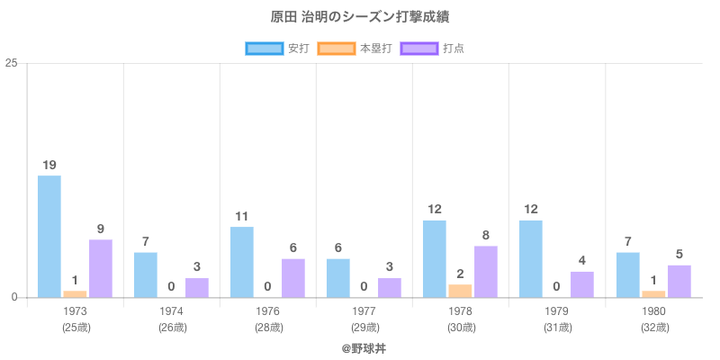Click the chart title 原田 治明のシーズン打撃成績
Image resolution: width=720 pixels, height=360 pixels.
point(360,18)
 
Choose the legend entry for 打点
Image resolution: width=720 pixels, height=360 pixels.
point(433,49)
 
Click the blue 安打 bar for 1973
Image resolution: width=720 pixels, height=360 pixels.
point(49,236)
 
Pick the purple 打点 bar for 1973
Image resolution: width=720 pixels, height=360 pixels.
point(101,268)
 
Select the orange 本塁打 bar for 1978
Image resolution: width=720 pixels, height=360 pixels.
point(460,291)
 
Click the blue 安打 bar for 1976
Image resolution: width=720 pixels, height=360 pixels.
point(242,262)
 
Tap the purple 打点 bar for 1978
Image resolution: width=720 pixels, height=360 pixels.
point(486,271)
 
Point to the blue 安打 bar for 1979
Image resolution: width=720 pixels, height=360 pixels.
point(531,258)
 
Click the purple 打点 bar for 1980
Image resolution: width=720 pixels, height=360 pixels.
point(679,281)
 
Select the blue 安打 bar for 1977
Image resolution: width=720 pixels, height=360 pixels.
point(338,278)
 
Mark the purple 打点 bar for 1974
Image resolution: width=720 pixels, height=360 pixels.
point(197,287)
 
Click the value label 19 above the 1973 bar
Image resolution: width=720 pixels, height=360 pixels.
point(49,165)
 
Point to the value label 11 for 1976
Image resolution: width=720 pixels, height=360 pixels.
point(242,216)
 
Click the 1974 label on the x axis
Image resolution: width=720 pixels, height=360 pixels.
point(172,311)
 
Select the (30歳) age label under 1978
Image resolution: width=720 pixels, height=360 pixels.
point(461,328)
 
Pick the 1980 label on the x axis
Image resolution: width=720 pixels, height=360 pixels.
point(653,311)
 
